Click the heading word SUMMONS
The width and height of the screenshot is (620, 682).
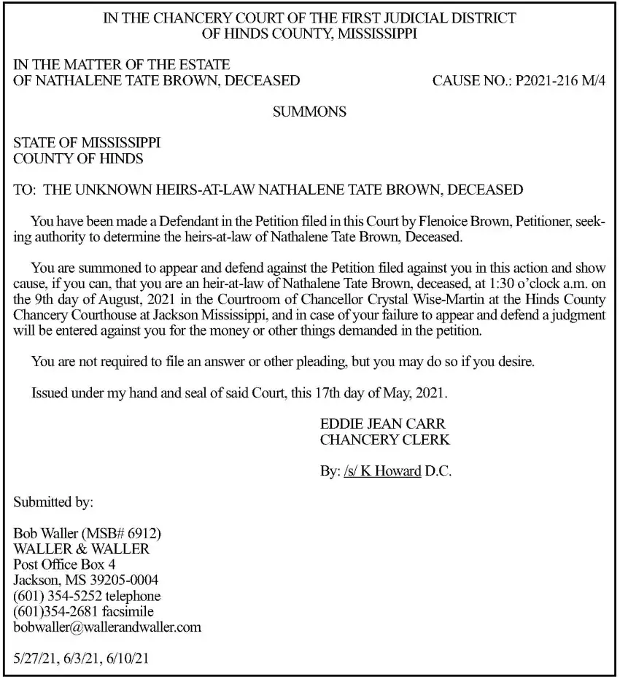309,112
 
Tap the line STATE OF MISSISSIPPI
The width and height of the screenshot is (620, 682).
87,143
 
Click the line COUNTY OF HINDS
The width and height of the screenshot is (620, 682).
78,158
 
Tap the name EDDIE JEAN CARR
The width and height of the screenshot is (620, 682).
382,425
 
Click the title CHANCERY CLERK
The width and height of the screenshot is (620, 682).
384,440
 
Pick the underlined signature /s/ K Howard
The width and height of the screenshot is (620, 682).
381,471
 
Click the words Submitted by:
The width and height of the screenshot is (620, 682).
53,502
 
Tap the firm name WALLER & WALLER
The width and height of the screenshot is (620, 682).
82,549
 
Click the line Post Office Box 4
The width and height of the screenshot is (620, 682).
65,564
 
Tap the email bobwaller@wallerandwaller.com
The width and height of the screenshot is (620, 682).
108,627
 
